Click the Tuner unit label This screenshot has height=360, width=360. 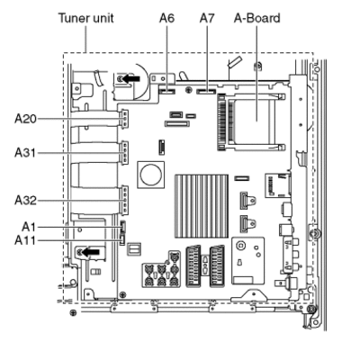click(x=86, y=18)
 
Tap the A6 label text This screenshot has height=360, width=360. click(x=166, y=18)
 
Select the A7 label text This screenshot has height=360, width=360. click(x=207, y=18)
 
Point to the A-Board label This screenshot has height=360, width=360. click(x=257, y=18)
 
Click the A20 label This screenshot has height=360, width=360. click(x=25, y=119)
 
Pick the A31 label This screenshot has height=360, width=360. click(x=25, y=153)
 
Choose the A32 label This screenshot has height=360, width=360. click(x=25, y=200)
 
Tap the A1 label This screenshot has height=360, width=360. click(x=29, y=227)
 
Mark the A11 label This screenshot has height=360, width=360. click(x=25, y=240)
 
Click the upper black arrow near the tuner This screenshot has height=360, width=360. click(x=131, y=78)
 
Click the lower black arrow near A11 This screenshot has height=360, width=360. click(x=91, y=252)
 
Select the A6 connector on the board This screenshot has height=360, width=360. click(x=166, y=91)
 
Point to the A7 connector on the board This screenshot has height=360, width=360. click(x=206, y=91)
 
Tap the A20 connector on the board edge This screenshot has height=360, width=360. click(x=124, y=119)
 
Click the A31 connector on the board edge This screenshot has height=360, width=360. click(x=124, y=153)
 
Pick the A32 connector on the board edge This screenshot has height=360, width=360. click(x=124, y=200)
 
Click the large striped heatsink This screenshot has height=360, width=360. click(x=202, y=206)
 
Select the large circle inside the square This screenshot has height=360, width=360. click(x=151, y=175)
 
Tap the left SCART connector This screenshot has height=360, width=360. click(x=193, y=266)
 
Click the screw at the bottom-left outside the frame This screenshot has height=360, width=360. click(x=73, y=313)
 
